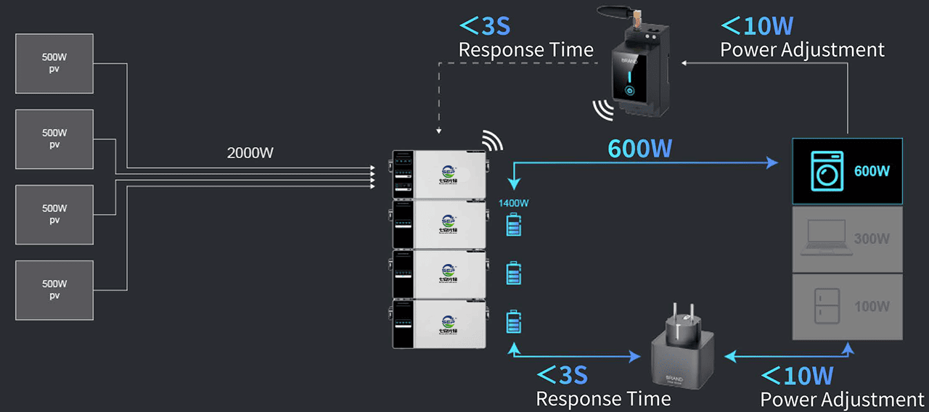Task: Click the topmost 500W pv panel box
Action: (x=54, y=63)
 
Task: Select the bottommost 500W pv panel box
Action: (x=54, y=289)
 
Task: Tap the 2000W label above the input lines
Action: (x=251, y=153)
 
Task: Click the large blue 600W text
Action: (x=639, y=148)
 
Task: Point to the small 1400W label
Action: (x=513, y=203)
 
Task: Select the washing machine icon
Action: (x=826, y=171)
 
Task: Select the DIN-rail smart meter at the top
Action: (x=629, y=69)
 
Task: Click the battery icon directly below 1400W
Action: (x=514, y=226)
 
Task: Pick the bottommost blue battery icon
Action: (x=514, y=321)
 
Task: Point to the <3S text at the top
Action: (x=486, y=27)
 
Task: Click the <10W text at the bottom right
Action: (x=797, y=376)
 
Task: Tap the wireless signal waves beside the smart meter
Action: (x=602, y=109)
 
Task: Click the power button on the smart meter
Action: (x=629, y=91)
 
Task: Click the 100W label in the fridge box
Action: (x=872, y=306)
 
